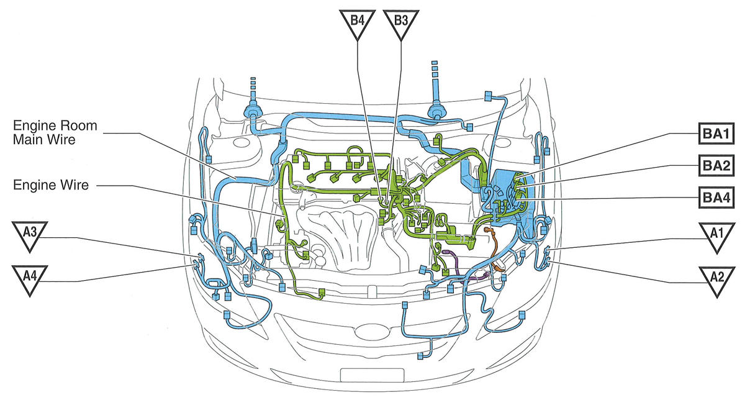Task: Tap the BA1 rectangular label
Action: pos(716,134)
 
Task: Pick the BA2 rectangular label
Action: pos(716,165)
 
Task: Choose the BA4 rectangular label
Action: pos(716,198)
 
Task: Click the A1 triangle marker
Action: pos(716,235)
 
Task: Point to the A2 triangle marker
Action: pos(716,279)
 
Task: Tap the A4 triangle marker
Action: pos(30,278)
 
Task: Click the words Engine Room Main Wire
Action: pos(55,132)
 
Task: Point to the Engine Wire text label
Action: pos(51,185)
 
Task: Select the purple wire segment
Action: pos(459,266)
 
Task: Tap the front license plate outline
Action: pos(372,375)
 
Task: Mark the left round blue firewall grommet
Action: pos(253,111)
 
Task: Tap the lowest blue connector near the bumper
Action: pos(420,356)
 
